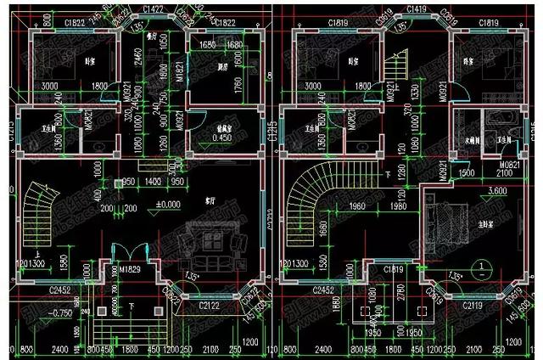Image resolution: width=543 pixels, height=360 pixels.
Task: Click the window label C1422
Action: (154, 8)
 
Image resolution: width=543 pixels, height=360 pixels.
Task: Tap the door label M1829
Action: (130, 269)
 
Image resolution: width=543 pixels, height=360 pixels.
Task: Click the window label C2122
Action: (209, 305)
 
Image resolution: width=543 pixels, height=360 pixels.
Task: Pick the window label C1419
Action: (417, 8)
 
